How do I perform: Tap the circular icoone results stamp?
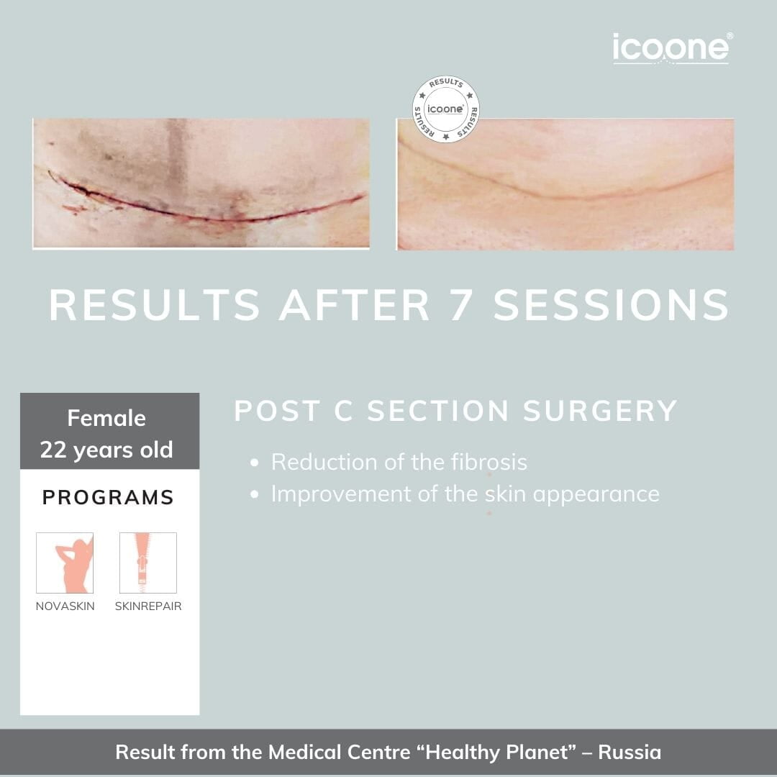445,109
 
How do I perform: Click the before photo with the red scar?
201,183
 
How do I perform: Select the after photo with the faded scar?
565,184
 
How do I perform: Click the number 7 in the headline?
460,305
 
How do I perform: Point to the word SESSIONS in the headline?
611,305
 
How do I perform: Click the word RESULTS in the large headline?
154,305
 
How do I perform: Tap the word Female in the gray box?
106,418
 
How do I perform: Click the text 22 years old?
106,450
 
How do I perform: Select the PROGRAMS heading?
108,497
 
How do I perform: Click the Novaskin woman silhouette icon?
65,563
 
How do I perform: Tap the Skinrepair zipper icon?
148,563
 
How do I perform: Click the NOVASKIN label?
65,606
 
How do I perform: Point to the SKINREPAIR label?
148,606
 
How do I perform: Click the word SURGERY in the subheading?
600,411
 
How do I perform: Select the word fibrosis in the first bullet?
489,463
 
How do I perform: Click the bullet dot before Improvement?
255,494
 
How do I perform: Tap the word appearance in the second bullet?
596,495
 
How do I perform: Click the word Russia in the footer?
630,753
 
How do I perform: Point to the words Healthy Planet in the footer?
496,753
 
